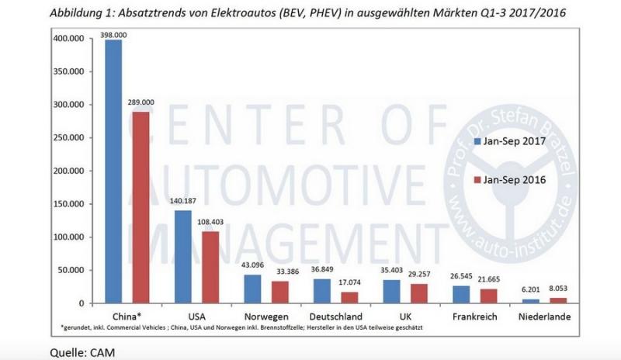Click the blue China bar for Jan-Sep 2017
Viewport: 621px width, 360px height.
tap(113, 171)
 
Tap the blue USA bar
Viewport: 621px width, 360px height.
tap(183, 256)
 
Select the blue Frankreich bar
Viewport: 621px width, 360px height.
tap(462, 293)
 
